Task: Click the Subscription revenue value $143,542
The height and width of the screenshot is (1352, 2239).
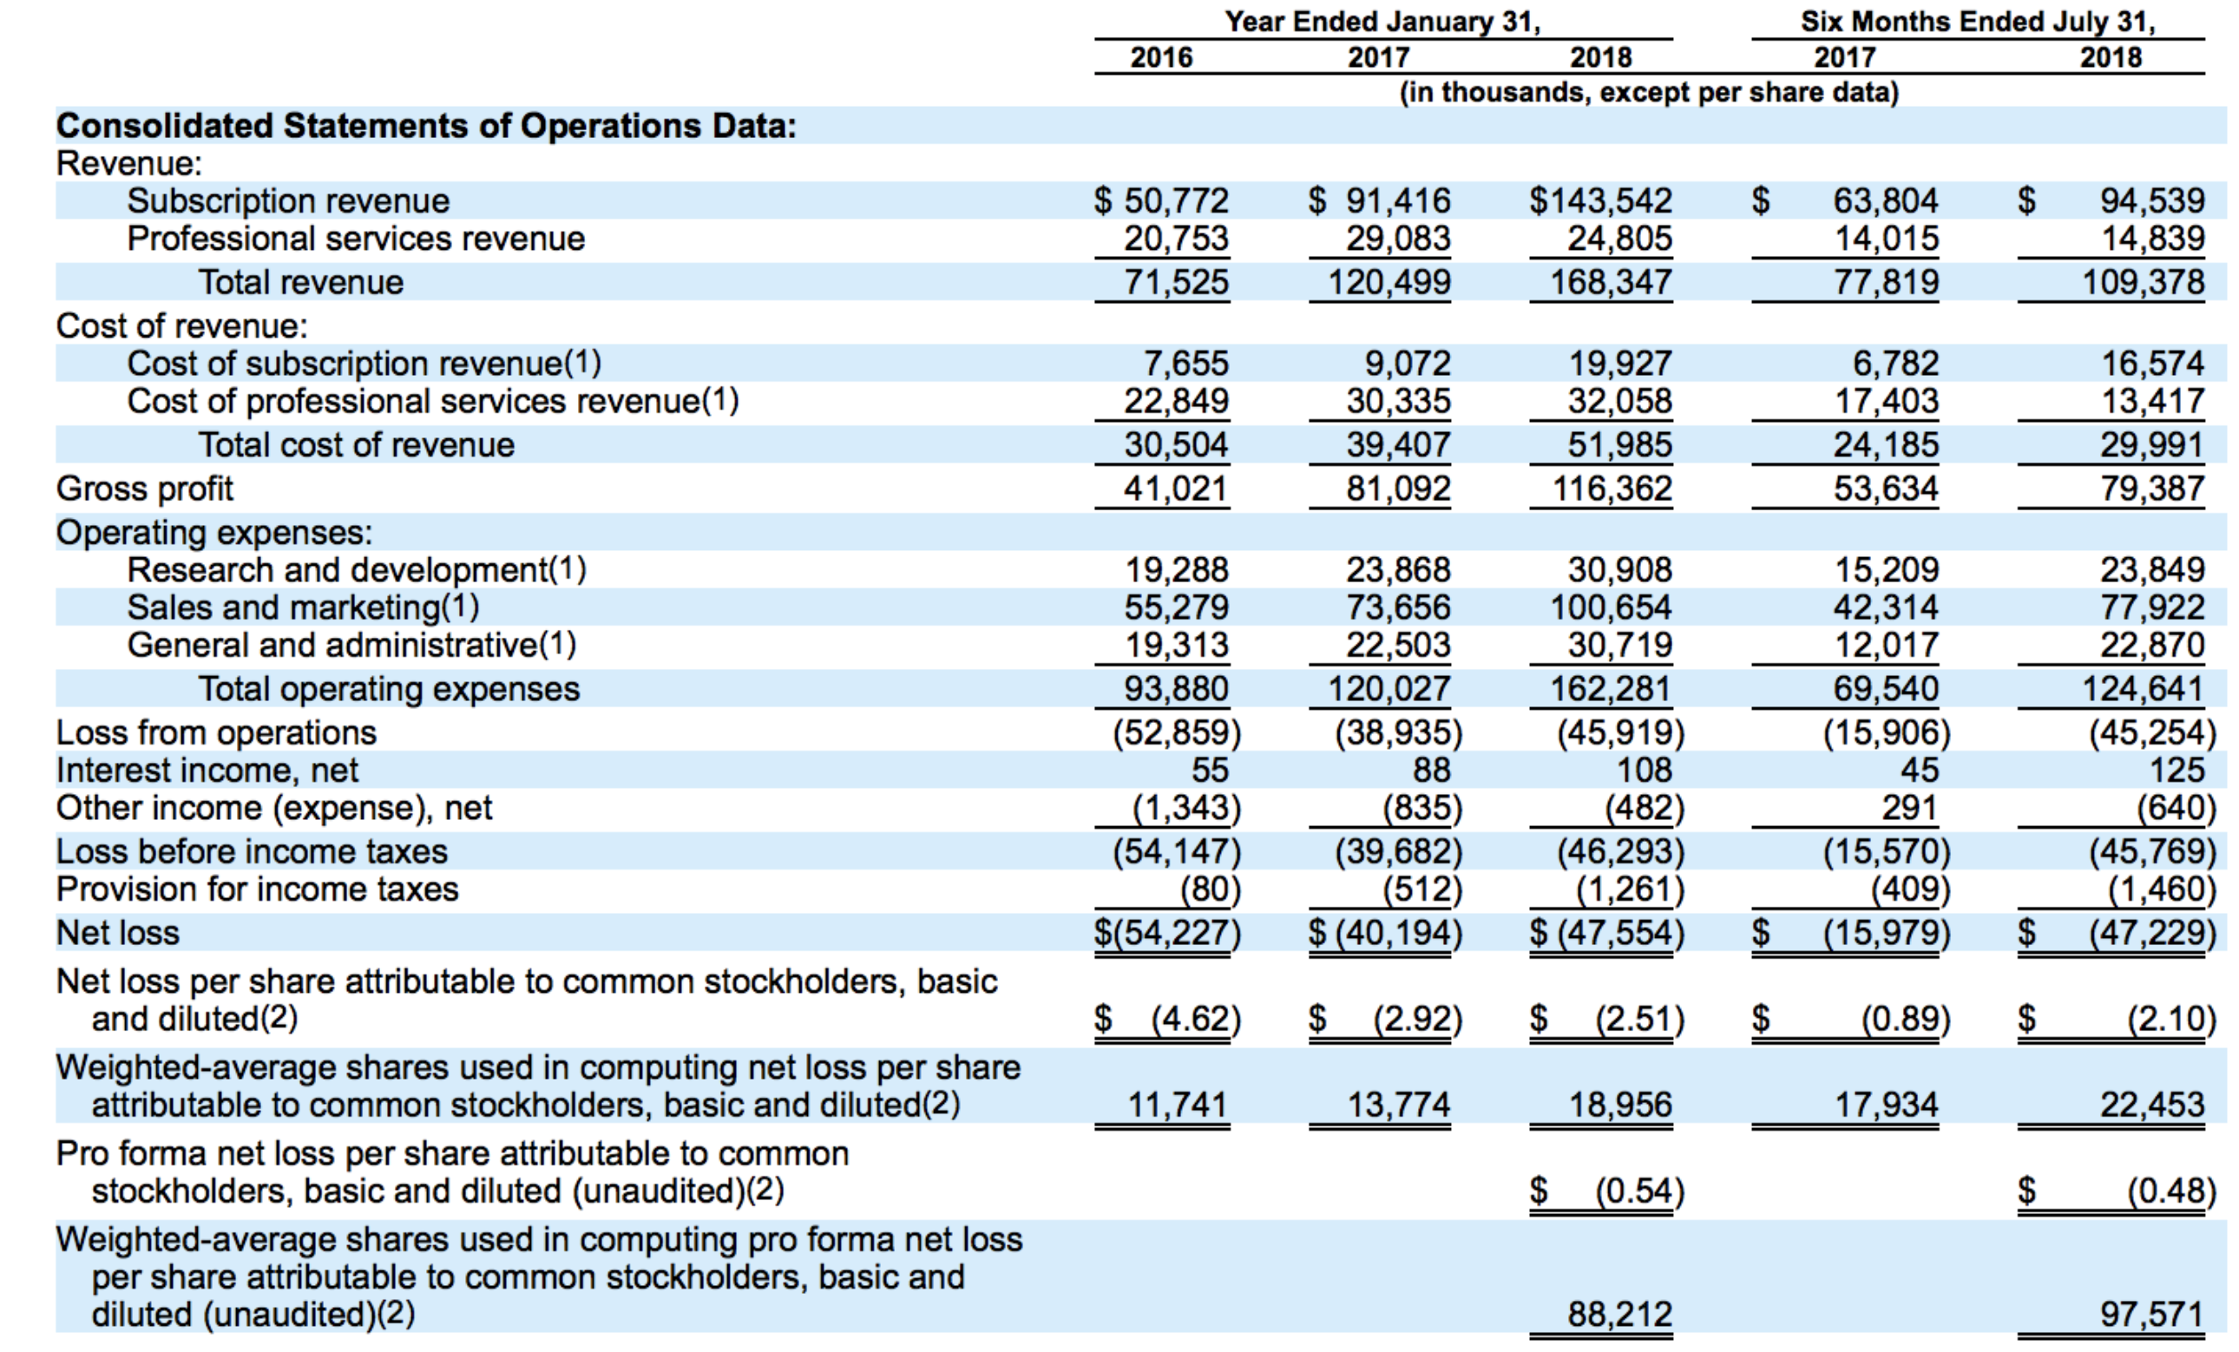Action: [1600, 200]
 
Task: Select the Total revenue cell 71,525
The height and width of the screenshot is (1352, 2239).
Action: [1176, 282]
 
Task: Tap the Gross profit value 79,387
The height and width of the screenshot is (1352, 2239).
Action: [2150, 489]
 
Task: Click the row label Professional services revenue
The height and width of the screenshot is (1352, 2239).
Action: [355, 239]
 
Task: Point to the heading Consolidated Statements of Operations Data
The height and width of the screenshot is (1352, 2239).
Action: [425, 125]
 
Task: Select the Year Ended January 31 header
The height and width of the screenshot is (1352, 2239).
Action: [1382, 22]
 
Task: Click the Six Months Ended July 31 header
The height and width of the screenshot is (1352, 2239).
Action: [1977, 22]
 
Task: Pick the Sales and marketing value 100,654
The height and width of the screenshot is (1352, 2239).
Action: [1610, 607]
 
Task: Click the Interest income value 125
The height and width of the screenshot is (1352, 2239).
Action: [2177, 771]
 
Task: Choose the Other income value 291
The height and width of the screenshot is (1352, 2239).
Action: [1910, 808]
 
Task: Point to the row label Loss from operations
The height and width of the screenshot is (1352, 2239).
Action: [216, 732]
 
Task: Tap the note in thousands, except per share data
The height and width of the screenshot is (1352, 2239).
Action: [1648, 93]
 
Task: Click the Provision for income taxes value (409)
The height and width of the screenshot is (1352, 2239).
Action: [1910, 889]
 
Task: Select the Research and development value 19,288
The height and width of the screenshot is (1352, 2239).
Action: [1176, 569]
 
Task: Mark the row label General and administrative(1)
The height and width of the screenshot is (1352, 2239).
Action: [351, 645]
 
